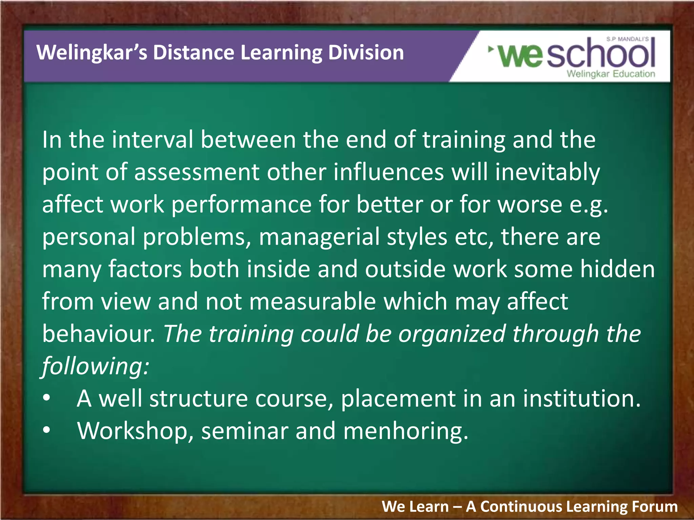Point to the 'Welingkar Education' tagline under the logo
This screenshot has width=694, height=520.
tap(611, 74)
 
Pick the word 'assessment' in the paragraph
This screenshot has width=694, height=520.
tap(197, 172)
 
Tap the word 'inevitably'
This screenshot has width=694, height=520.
tap(547, 173)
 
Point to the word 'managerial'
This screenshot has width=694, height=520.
tap(319, 237)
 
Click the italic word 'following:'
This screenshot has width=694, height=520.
tap(95, 366)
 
